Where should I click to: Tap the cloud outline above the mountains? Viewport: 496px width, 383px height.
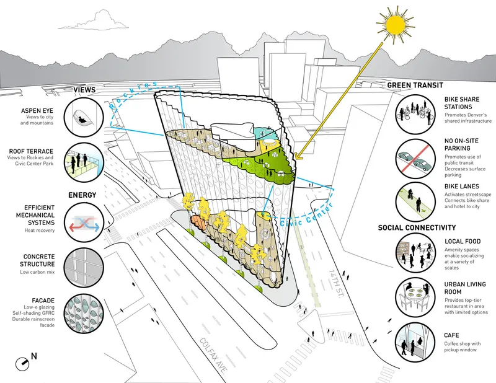pyautogui.click(x=95, y=21)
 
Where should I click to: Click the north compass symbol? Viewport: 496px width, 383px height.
pyautogui.click(x=23, y=364)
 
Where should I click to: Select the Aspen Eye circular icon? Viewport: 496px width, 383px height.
pyautogui.click(x=84, y=117)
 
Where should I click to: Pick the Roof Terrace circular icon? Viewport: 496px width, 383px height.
pyautogui.click(x=84, y=162)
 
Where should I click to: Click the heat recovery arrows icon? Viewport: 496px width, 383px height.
pyautogui.click(x=84, y=222)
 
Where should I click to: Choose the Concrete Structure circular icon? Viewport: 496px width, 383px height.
pyautogui.click(x=84, y=267)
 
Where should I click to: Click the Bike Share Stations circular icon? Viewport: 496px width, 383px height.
pyautogui.click(x=415, y=113)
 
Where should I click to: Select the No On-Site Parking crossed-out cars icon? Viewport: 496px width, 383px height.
pyautogui.click(x=415, y=159)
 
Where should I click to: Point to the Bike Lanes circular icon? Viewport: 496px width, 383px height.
pyautogui.click(x=415, y=201)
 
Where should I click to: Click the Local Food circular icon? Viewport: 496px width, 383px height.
pyautogui.click(x=415, y=253)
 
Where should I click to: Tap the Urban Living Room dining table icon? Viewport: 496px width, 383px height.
pyautogui.click(x=415, y=297)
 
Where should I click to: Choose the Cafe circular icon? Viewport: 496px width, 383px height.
pyautogui.click(x=415, y=342)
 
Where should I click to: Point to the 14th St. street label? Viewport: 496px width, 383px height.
pyautogui.click(x=336, y=283)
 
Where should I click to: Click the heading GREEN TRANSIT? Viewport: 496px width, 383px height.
pyautogui.click(x=415, y=85)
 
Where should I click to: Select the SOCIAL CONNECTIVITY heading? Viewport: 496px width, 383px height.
pyautogui.click(x=417, y=227)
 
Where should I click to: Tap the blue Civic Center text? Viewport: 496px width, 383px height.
pyautogui.click(x=306, y=216)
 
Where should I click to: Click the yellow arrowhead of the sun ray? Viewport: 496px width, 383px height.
pyautogui.click(x=297, y=156)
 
